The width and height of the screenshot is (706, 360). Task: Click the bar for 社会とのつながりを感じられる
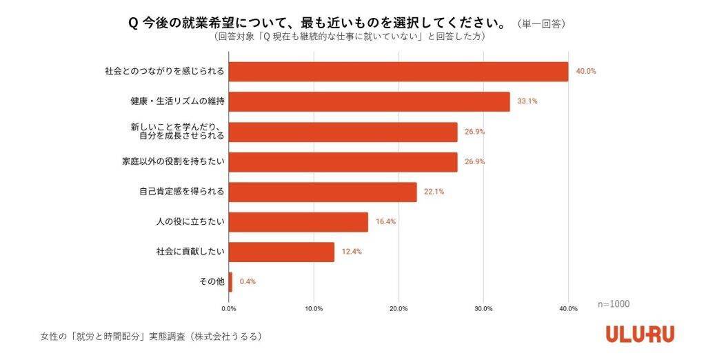pos(398,72)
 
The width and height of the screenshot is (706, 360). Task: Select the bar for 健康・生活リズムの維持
pos(369,101)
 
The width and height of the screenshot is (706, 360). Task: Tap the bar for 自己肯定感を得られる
pos(323,192)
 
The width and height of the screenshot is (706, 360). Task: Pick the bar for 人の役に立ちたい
pos(298,222)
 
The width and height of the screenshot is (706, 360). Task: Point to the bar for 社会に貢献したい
pos(281,252)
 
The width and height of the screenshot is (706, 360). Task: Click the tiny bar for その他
pos(230,281)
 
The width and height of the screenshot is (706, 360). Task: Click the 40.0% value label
pos(587,72)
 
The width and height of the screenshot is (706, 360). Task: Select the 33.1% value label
pos(528,101)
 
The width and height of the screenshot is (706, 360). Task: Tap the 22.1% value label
pos(434,192)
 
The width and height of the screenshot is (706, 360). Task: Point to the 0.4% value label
pos(248,281)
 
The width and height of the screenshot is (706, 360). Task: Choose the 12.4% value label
pos(352,252)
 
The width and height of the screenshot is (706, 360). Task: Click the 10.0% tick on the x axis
pos(314,308)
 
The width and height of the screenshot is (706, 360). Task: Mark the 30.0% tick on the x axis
pos(483,308)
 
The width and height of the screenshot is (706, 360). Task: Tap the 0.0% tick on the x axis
pos(229,308)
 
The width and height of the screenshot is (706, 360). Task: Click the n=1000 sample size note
pos(614,303)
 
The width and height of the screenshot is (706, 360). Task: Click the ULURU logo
pos(640,334)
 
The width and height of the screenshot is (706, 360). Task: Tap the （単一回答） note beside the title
pos(541,23)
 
